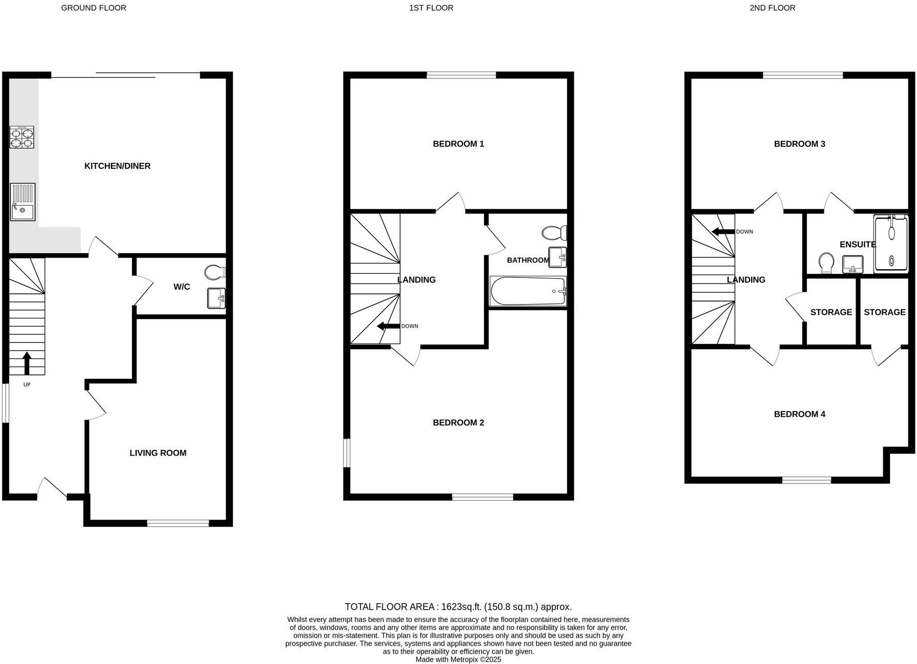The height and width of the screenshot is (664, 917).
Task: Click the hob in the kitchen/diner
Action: (x=22, y=137)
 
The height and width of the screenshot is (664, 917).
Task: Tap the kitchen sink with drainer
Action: (x=23, y=202)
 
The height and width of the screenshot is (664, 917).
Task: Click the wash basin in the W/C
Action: (x=216, y=298)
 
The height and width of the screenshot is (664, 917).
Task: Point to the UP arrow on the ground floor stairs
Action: (x=27, y=363)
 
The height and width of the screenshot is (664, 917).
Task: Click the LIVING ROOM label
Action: (x=158, y=453)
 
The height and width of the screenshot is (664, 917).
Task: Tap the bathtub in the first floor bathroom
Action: (x=528, y=291)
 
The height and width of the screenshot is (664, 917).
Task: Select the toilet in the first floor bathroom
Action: (x=555, y=233)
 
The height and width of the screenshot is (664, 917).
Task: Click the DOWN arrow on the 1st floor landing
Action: (x=388, y=326)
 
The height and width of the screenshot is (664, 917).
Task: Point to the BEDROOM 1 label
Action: (x=458, y=144)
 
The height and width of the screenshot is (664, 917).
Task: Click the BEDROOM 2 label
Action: (x=458, y=422)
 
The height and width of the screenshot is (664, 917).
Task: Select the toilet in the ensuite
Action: (x=826, y=263)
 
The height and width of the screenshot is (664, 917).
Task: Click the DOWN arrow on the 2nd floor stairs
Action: (x=723, y=231)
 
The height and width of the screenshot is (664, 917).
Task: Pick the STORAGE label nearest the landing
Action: (x=831, y=312)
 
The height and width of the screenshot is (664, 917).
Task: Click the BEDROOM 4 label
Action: (x=799, y=414)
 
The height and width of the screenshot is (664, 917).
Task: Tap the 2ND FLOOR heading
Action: (x=772, y=8)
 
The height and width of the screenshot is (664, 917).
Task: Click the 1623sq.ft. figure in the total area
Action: (x=460, y=607)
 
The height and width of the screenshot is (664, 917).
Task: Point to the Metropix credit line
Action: (x=458, y=659)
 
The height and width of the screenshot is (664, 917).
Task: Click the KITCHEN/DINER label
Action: (x=117, y=166)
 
